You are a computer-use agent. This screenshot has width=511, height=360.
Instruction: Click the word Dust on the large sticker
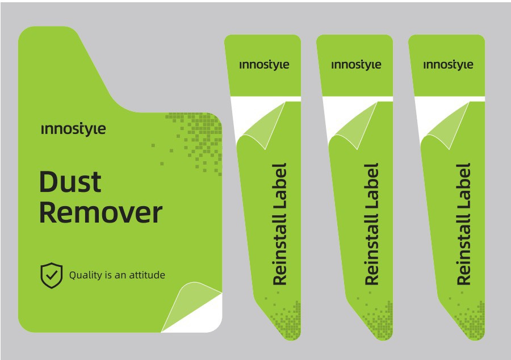[70, 181]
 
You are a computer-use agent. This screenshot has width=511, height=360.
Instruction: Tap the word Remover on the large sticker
[100, 212]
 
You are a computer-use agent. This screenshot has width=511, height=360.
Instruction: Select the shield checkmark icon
[52, 275]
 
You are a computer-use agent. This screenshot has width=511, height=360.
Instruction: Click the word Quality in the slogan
[86, 275]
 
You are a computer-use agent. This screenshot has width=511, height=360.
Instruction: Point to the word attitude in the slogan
[147, 275]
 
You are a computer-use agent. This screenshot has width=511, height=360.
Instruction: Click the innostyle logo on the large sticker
[74, 129]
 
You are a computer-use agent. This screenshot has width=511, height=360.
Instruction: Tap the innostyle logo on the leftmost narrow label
[264, 65]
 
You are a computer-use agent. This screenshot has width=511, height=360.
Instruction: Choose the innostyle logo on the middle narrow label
[356, 65]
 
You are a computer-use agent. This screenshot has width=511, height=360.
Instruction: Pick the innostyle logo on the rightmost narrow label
[448, 65]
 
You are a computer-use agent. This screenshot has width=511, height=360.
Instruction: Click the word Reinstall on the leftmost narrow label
[279, 250]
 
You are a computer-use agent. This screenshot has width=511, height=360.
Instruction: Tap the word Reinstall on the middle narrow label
[371, 250]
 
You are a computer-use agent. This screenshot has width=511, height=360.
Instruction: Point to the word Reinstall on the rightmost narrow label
[463, 250]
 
